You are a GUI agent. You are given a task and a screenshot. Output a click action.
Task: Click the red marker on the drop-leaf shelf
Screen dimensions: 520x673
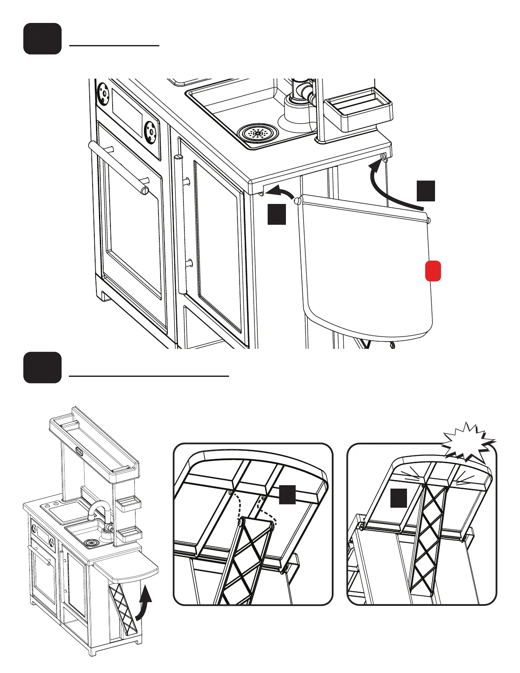coord(433,271)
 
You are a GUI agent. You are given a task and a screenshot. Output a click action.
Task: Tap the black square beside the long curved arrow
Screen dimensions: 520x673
coord(426,191)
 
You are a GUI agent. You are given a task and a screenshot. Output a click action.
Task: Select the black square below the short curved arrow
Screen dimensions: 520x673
coord(277,214)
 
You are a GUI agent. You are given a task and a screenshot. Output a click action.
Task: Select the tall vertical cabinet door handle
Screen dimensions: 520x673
coord(181,225)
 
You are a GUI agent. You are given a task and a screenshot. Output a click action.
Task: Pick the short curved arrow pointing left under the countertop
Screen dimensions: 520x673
coord(281,192)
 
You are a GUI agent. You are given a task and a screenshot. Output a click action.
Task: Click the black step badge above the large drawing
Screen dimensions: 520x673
coord(42,39)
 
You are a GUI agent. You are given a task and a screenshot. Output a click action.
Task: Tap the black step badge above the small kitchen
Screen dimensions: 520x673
coord(42,368)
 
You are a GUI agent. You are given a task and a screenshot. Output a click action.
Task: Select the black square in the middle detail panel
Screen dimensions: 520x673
coord(287,495)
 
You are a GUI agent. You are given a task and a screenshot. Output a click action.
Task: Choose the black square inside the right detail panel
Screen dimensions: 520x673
coord(398,498)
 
